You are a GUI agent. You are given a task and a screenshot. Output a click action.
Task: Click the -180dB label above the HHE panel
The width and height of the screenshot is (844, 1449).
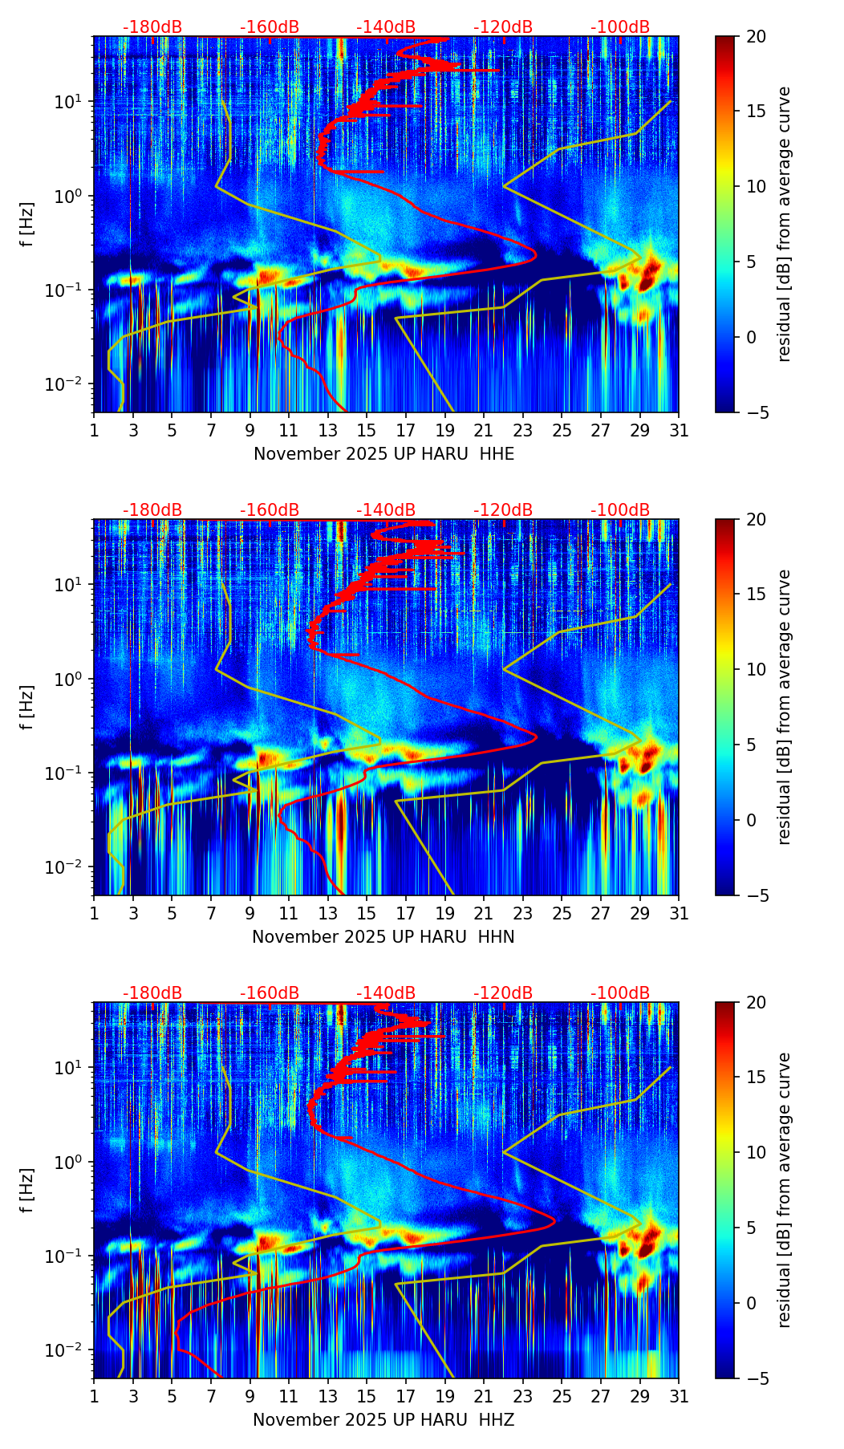152,27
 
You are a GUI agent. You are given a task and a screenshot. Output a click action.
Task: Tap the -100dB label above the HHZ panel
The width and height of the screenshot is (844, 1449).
620,993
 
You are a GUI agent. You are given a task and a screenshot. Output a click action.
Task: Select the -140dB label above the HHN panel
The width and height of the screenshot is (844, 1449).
386,510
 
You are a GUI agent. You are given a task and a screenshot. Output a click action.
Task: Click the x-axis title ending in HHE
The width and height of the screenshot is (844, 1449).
383,454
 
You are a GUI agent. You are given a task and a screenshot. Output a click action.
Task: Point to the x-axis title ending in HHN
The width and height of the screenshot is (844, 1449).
383,937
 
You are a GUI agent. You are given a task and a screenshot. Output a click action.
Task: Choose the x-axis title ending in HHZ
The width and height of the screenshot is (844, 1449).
383,1420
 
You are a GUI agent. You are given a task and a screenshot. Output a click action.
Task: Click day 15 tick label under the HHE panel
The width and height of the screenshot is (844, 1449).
366,431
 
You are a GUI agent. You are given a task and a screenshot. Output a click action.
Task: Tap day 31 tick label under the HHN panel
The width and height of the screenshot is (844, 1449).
679,914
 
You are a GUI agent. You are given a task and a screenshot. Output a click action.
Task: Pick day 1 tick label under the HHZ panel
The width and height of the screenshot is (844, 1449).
94,1397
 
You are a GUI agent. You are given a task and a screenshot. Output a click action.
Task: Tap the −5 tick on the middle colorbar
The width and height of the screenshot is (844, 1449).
755,895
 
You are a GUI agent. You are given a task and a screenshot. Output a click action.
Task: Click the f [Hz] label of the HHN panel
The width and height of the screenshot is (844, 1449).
28,707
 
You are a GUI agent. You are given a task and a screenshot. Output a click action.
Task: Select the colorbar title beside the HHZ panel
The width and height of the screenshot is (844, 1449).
785,1190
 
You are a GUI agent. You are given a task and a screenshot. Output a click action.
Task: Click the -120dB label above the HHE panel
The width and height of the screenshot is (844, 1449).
503,27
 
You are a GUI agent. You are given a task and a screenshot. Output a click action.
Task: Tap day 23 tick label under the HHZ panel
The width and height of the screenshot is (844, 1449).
522,1397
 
